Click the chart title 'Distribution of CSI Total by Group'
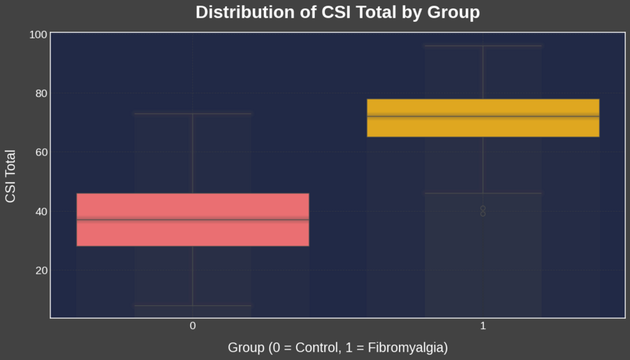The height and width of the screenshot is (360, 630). point(337,13)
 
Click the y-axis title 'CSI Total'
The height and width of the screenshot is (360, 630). point(10,176)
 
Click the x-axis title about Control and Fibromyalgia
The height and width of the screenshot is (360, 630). point(337,347)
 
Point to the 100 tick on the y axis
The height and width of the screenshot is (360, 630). point(38,34)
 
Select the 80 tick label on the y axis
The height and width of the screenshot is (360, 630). point(40,93)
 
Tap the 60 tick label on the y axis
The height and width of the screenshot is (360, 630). point(40,152)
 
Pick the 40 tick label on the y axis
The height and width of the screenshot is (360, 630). point(40,212)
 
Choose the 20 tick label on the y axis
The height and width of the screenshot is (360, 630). point(40,270)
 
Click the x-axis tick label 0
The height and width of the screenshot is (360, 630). point(192,326)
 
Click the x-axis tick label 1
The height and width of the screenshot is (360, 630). point(483,326)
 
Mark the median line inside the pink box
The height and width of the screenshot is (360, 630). point(192,220)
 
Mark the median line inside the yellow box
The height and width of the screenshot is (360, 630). point(483,116)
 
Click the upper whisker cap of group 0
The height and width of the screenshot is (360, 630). point(192,113)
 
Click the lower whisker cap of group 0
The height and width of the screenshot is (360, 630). point(192,305)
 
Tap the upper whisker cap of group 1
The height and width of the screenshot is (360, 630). point(483,46)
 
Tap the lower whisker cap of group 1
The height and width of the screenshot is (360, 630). point(483,193)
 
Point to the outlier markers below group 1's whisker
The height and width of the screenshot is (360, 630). point(483,211)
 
